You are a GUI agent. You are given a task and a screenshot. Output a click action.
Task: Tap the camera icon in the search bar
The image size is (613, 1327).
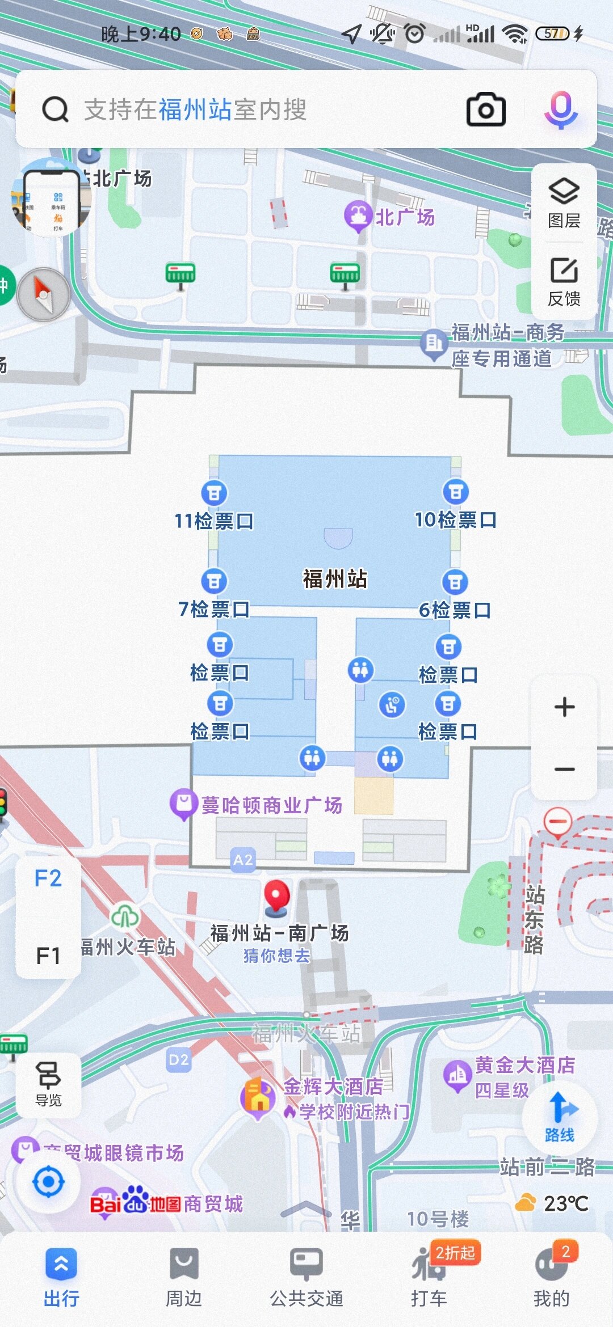[486, 109]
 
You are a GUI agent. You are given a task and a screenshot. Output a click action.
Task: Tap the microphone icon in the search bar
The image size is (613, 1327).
[561, 109]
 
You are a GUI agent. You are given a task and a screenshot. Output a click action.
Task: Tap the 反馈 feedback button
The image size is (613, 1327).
[564, 281]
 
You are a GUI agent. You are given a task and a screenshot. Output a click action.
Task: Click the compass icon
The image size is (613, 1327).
[44, 295]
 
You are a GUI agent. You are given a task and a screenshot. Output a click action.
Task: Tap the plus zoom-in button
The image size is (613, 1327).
[564, 707]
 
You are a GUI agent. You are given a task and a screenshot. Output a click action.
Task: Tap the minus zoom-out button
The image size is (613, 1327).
[564, 769]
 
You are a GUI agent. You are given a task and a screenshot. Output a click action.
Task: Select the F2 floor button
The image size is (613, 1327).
[48, 878]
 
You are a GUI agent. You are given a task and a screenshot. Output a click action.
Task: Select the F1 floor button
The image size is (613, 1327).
[48, 956]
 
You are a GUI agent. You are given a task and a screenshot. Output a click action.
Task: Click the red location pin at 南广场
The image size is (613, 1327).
[277, 897]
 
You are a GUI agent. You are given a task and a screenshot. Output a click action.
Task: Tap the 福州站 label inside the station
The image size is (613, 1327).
[335, 579]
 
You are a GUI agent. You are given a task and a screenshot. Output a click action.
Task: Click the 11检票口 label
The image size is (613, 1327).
[214, 521]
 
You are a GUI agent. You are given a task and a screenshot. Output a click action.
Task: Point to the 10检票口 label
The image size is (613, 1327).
[456, 519]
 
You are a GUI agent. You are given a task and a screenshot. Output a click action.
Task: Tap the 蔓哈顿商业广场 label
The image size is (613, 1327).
[271, 805]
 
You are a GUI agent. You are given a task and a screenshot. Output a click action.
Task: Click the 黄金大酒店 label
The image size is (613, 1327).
[524, 1065]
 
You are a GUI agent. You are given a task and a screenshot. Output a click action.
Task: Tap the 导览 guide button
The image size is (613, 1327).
[48, 1085]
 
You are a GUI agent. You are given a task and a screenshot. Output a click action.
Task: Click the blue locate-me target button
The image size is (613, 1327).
[48, 1182]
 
